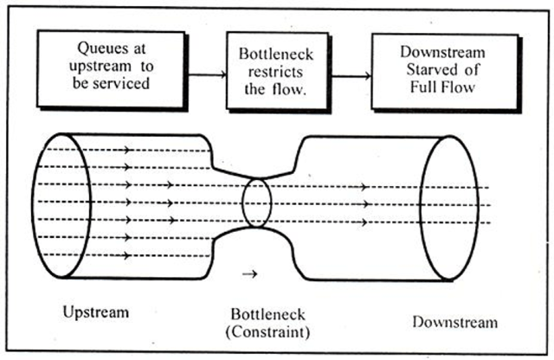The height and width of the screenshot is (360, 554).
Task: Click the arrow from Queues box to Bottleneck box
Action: tap(207, 74)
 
